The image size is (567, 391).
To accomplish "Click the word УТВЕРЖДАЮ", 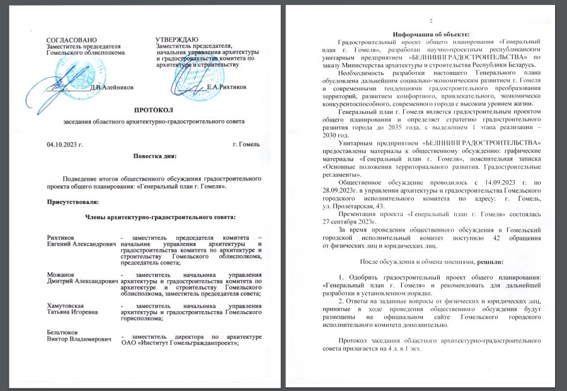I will click(x=177, y=40).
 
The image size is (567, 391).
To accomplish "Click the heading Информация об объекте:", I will click(x=431, y=33).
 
